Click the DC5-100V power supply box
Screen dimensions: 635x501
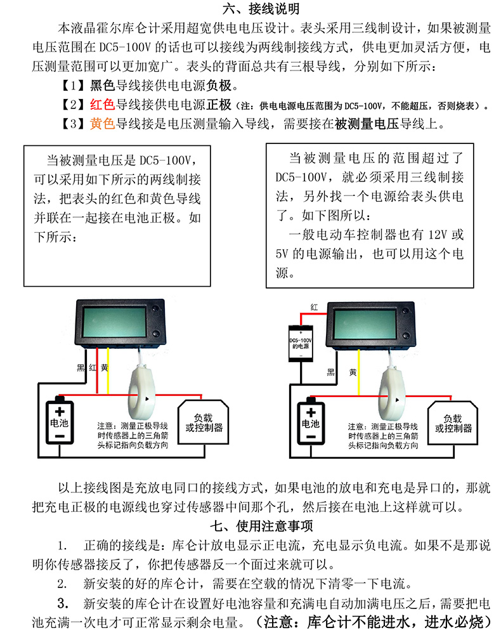point(302,343)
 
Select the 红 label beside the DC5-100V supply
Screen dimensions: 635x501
point(314,307)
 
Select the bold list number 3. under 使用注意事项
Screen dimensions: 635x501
point(62,602)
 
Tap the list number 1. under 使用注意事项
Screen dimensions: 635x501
point(62,546)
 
